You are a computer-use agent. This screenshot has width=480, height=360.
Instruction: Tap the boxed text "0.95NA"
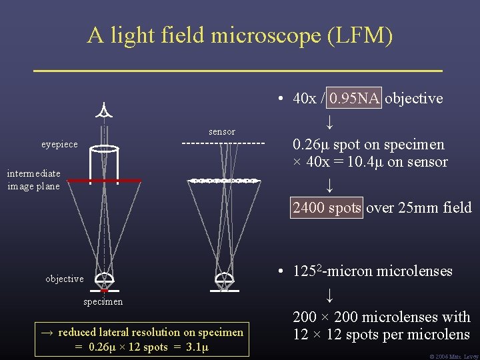tap(355, 99)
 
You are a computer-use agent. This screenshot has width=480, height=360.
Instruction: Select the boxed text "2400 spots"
tap(327, 208)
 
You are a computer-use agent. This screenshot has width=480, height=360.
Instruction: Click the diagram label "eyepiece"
tap(59, 144)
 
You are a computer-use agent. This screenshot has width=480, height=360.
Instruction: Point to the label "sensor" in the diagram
tap(222, 131)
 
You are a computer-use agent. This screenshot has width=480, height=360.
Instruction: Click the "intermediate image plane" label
tap(33, 180)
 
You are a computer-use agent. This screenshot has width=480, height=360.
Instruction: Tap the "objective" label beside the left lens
tap(64, 279)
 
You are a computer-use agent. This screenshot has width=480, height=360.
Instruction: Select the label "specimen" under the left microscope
tap(103, 302)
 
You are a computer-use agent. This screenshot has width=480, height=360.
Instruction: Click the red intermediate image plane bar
tap(104, 181)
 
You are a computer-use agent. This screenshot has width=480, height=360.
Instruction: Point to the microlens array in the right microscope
tap(224, 181)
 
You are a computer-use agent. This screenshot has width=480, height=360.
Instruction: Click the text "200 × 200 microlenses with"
tap(381, 317)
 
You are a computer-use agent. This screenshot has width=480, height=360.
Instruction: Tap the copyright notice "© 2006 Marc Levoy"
tap(455, 356)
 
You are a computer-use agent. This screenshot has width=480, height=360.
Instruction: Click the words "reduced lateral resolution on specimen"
tap(151, 332)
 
